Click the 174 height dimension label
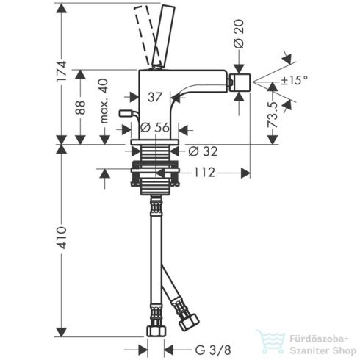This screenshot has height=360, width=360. [x=64, y=71]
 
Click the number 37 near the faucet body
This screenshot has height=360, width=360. [x=155, y=96]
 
